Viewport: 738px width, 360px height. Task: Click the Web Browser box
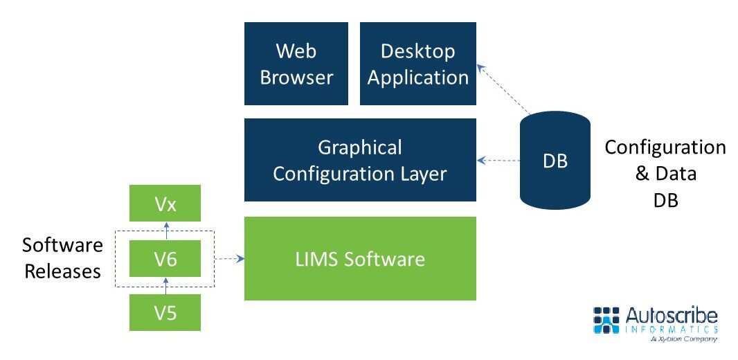pos(296,64)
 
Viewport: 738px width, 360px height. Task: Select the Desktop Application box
pos(418,64)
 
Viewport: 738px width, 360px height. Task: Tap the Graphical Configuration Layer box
pos(360,160)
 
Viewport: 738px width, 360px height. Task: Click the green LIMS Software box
pos(360,259)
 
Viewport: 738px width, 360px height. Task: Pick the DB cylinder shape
pos(555,161)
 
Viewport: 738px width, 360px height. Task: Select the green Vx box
pos(165,204)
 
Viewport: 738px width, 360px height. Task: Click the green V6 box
pos(165,259)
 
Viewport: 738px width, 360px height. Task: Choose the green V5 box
pos(165,312)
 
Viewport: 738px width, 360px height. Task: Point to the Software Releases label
pos(63,258)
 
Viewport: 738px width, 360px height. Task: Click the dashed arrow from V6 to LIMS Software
pos(230,260)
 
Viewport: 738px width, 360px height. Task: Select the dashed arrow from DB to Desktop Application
pos(503,89)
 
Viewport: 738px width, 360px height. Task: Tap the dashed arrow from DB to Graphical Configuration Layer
pos(498,161)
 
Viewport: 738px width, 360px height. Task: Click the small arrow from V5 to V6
pos(165,285)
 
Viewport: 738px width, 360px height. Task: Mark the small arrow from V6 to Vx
pos(165,231)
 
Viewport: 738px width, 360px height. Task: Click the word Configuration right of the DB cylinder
pos(665,147)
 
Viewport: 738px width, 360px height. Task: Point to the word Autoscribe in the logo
pos(672,316)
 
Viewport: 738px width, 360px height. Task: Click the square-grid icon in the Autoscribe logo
pos(607,320)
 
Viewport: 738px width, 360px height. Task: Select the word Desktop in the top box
pos(417,51)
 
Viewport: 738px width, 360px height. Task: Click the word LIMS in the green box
pos(314,259)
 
